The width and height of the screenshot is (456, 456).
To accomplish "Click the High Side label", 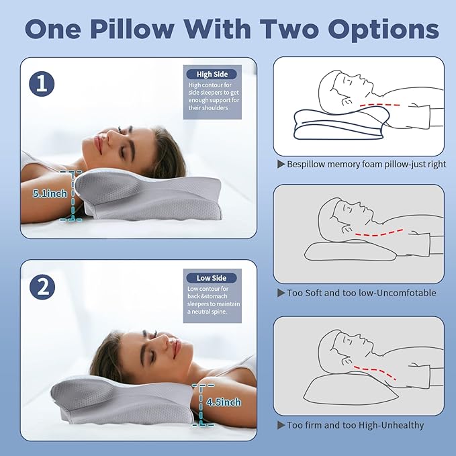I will pyautogui.click(x=212, y=74).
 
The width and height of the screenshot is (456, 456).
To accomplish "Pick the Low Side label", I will pyautogui.click(x=212, y=277).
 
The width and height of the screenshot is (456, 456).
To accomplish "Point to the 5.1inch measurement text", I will pyautogui.click(x=49, y=193).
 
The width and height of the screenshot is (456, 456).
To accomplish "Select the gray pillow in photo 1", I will pyautogui.click(x=154, y=198).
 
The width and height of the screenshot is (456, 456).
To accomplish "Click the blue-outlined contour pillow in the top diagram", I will pyautogui.click(x=343, y=128).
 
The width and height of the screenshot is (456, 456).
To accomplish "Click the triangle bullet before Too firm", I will pyautogui.click(x=281, y=425).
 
